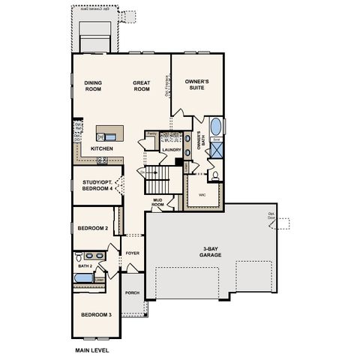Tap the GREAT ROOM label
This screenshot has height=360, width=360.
[x=143, y=86]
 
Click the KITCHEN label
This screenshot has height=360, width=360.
[x=102, y=148]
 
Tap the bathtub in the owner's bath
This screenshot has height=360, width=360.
[x=216, y=125]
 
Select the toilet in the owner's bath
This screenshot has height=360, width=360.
[x=215, y=175]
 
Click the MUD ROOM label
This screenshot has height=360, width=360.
[x=158, y=202]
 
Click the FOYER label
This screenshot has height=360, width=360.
[x=133, y=253]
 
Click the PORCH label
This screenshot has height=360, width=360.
[x=132, y=292]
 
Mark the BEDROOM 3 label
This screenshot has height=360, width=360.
[x=96, y=314]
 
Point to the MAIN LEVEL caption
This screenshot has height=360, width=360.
[x=92, y=349]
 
